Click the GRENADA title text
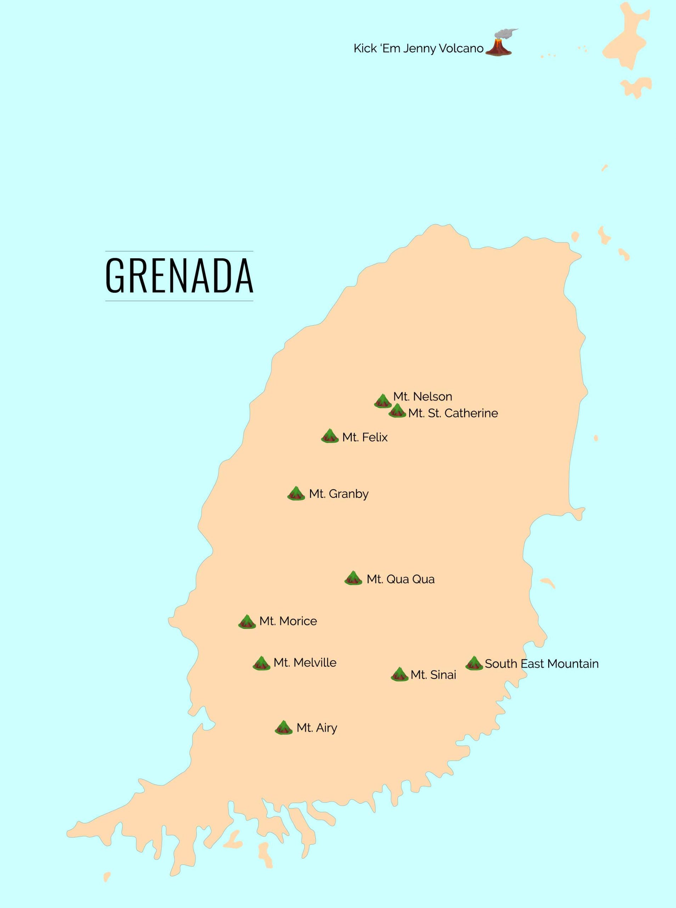(x=179, y=276)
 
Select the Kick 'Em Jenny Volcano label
(x=418, y=48)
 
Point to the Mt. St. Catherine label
(x=453, y=413)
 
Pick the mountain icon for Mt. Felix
(x=330, y=436)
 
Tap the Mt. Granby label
(x=339, y=494)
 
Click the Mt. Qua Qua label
(x=400, y=579)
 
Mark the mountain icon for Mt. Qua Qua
(x=353, y=578)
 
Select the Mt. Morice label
(x=288, y=621)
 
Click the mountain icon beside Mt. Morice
(x=247, y=621)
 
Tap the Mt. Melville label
(x=305, y=662)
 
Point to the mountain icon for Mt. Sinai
(x=399, y=674)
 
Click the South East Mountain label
(x=541, y=664)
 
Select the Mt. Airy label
(x=317, y=728)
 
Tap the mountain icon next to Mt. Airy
(x=283, y=727)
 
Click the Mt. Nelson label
(x=422, y=397)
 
